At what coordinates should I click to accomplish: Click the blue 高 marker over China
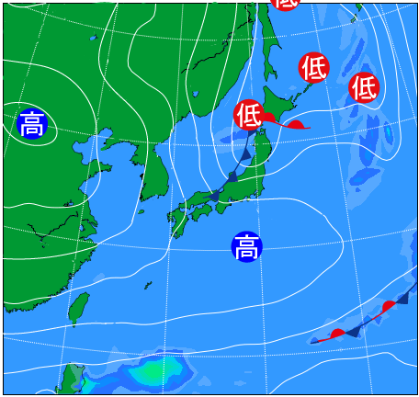coord(31,123)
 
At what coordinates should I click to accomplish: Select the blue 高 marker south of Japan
coord(246,246)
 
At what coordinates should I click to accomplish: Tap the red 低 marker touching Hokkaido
coord(249,115)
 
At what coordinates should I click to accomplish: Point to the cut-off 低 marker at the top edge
coord(286,4)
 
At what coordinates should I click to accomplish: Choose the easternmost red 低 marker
coord(364,87)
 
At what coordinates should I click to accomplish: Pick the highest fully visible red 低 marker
coord(313,66)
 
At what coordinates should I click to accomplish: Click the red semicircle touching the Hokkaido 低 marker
coord(269,119)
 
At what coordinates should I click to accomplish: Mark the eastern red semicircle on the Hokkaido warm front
coord(296,125)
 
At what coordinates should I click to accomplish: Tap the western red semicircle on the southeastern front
coord(338,333)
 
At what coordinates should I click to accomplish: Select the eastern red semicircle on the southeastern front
coord(389,305)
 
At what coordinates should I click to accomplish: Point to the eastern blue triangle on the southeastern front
coord(402,297)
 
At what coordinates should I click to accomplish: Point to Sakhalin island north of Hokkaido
coord(269,41)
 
